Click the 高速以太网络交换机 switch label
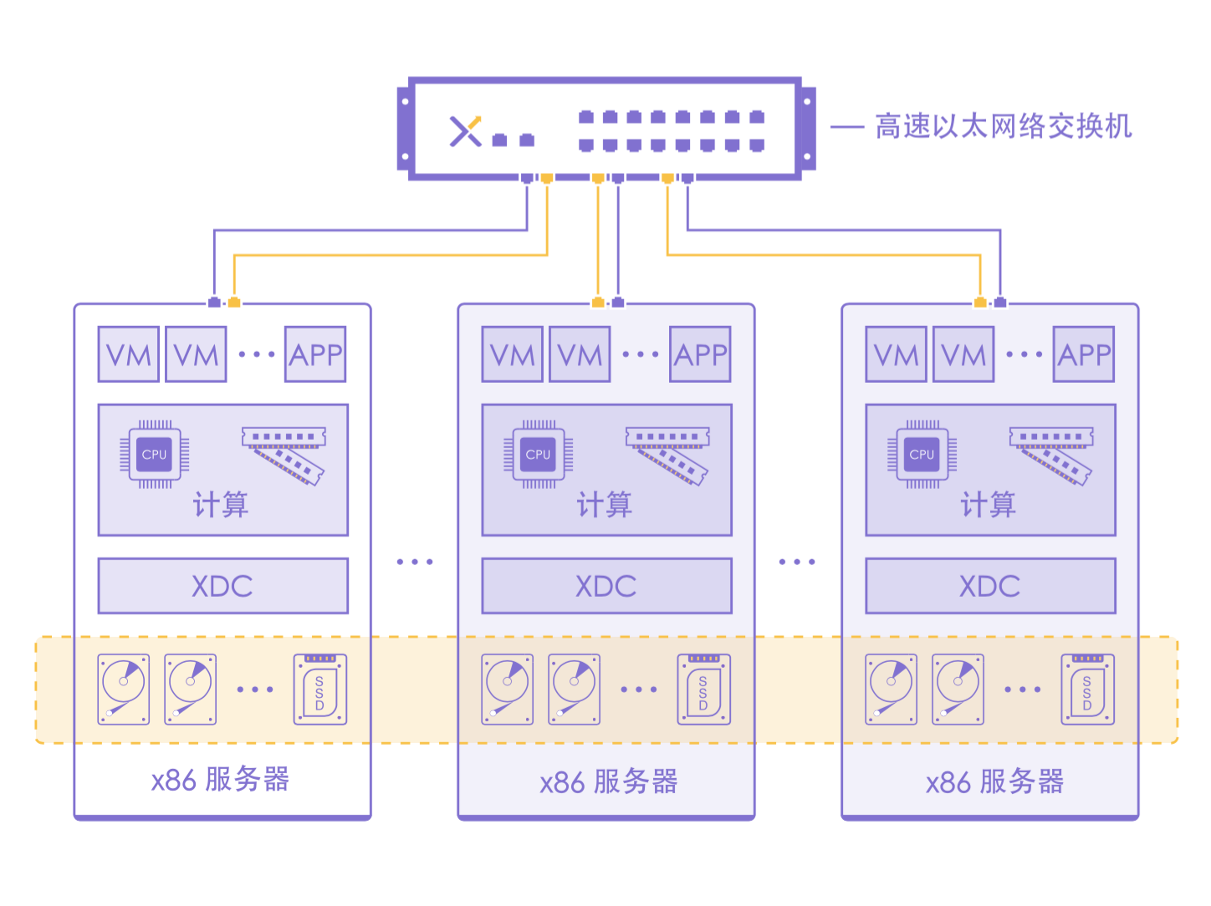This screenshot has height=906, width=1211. tap(1003, 127)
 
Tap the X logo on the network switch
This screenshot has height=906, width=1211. tap(466, 131)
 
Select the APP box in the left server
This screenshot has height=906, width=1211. tap(315, 354)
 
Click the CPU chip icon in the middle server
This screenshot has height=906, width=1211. tap(538, 455)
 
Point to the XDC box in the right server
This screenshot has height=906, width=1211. tap(990, 586)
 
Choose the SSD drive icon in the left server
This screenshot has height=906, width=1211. tap(319, 690)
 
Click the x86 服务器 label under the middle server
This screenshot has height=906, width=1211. tap(608, 782)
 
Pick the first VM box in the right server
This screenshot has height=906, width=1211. tap(896, 354)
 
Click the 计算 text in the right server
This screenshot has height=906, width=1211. tap(988, 505)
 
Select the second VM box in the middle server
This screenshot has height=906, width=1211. tap(580, 354)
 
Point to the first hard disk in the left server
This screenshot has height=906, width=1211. tap(124, 690)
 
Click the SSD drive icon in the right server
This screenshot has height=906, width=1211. tap(1087, 690)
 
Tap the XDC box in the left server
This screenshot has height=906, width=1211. tap(222, 586)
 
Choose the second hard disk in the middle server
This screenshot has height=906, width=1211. tap(574, 690)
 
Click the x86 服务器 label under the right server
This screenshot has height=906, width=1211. tap(994, 782)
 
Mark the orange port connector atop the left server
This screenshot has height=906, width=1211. tap(234, 302)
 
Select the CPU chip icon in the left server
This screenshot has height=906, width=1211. tap(155, 455)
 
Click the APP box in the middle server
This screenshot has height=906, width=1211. tap(700, 354)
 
